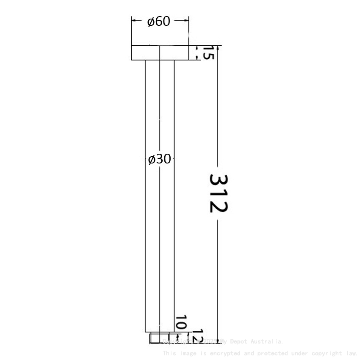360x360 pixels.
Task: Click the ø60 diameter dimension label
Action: [x=159, y=21]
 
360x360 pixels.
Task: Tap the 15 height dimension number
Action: [x=208, y=53]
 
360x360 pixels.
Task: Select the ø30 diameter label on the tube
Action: [x=160, y=159]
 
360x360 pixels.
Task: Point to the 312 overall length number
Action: [x=219, y=193]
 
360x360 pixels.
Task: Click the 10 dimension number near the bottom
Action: [x=181, y=323]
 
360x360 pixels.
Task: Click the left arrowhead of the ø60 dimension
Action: [x=134, y=20]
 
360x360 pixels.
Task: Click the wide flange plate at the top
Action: [x=160, y=53]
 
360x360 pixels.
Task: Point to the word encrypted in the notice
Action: [x=224, y=353]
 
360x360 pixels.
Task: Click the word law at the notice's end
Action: [x=352, y=353]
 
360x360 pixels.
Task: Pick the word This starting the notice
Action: [x=170, y=353]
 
